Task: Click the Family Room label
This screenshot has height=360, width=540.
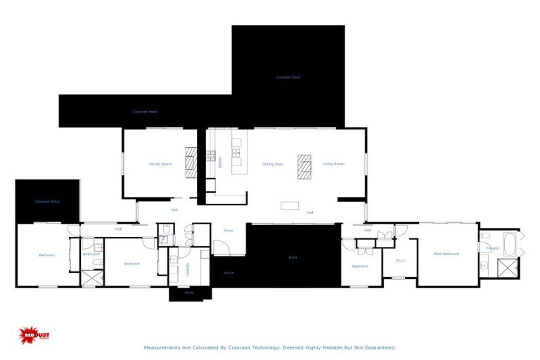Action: coord(160,164)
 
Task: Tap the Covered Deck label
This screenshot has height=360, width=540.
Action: coord(288,77)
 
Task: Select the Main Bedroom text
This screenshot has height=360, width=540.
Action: coord(446,254)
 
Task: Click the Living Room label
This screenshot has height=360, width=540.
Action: coord(333,164)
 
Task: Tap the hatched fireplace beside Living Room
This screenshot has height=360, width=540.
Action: coord(304,167)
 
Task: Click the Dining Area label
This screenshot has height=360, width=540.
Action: coord(273,164)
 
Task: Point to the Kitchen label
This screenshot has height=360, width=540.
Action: coord(220,162)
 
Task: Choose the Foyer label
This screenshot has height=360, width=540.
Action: coord(229,230)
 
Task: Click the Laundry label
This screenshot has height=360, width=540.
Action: coord(188,267)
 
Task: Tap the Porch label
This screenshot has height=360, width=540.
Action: coord(229,273)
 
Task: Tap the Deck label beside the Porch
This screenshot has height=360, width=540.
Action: coord(293,257)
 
